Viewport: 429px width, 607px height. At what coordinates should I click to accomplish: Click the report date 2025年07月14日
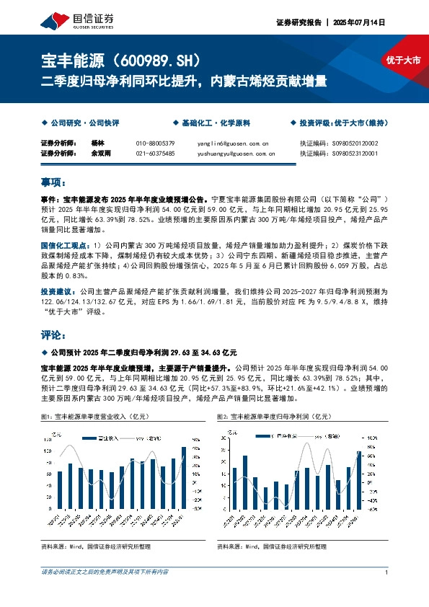pos(358,22)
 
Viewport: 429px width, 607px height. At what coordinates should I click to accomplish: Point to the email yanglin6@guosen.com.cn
pos(232,143)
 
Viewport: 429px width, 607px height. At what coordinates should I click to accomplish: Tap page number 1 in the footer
pos(387,572)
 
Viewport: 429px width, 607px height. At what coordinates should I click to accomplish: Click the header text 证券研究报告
pos(298,22)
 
